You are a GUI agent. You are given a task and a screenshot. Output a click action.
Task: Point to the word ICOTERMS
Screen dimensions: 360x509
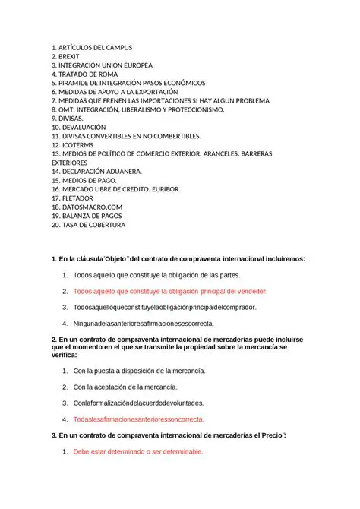(81, 145)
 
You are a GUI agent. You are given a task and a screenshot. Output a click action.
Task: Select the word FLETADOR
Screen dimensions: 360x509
(83, 198)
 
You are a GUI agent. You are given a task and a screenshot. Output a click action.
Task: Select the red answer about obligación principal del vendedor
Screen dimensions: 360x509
(170, 291)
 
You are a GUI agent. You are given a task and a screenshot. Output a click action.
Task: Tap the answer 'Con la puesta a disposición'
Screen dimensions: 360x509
(140, 371)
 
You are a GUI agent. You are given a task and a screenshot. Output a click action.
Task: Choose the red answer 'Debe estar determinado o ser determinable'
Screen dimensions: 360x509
(137, 451)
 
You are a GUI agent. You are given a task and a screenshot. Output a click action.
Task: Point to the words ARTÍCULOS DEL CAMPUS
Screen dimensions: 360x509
(95, 48)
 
